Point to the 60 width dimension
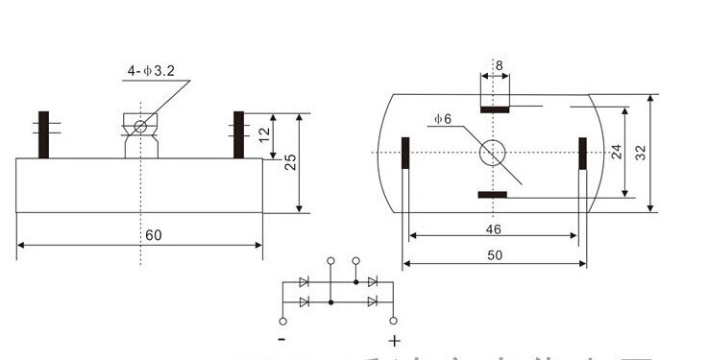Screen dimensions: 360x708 (x=154, y=235)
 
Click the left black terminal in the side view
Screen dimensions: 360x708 (x=43, y=135)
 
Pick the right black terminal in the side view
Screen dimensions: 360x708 (x=238, y=135)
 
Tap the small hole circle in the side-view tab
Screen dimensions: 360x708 (x=140, y=126)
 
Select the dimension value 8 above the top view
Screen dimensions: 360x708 (x=499, y=65)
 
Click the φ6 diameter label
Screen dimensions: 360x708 (x=442, y=119)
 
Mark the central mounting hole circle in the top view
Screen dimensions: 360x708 (x=494, y=152)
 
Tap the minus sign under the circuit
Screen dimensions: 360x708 (x=281, y=340)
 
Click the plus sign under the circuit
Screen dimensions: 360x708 (x=394, y=340)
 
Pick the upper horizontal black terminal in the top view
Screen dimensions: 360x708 (x=495, y=109)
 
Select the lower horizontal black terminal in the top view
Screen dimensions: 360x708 (x=493, y=195)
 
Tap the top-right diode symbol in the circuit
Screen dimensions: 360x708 (x=373, y=282)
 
